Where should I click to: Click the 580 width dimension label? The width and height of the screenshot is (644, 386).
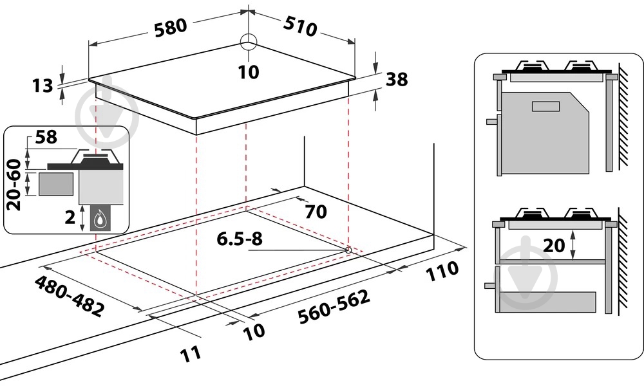point(171,28)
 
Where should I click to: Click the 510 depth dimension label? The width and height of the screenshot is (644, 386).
point(300,26)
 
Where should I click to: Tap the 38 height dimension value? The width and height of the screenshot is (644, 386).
point(397,79)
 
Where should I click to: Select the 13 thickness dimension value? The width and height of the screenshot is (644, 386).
point(43,86)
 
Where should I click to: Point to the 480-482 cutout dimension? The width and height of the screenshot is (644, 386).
point(69,295)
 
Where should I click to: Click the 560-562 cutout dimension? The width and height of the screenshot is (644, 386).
point(334,306)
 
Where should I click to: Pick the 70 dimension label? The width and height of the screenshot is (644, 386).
point(316,212)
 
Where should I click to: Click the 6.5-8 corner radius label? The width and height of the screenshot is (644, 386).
point(240,239)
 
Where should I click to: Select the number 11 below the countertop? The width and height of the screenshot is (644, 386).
point(191,354)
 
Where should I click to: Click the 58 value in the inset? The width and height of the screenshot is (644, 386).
point(46,137)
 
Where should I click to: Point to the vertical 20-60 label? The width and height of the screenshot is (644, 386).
point(14,185)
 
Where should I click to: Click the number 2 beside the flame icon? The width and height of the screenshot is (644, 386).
point(70,217)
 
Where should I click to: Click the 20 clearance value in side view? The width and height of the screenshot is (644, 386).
point(554,245)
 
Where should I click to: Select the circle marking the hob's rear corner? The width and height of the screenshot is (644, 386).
point(248,41)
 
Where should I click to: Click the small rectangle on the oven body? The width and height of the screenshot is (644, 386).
point(546,106)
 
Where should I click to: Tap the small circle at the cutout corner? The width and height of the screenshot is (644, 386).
point(348,250)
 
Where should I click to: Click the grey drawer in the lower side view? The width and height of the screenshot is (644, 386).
point(547,302)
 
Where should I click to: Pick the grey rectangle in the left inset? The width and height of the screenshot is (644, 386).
point(56,184)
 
